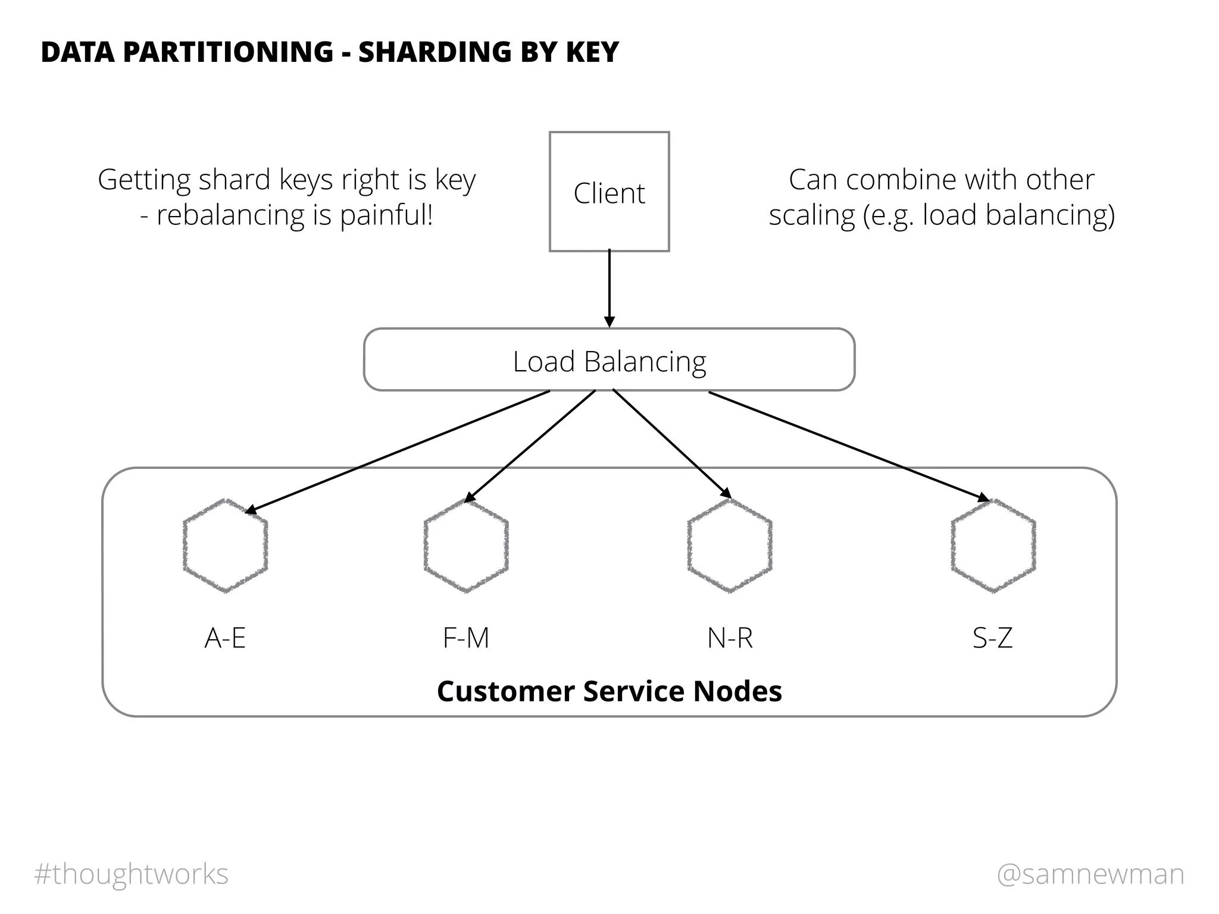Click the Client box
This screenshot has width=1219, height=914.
609,192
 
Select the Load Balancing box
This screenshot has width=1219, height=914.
609,360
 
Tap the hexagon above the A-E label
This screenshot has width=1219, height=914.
225,546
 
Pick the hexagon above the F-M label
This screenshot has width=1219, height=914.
466,546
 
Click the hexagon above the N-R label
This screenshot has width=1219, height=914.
730,546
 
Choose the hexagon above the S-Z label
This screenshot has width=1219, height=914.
993,546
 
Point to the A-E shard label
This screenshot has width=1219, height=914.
225,638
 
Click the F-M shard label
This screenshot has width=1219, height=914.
466,638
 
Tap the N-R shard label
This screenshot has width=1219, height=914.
730,638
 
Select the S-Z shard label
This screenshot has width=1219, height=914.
992,638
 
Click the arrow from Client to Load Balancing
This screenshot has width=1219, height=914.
609,289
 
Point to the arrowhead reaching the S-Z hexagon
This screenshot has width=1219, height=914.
983,498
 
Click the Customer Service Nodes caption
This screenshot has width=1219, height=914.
609,691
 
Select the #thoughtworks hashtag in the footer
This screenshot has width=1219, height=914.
132,874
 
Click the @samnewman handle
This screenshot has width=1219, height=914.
1090,874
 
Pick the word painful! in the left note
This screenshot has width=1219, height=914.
386,215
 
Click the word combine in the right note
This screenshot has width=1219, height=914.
902,180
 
